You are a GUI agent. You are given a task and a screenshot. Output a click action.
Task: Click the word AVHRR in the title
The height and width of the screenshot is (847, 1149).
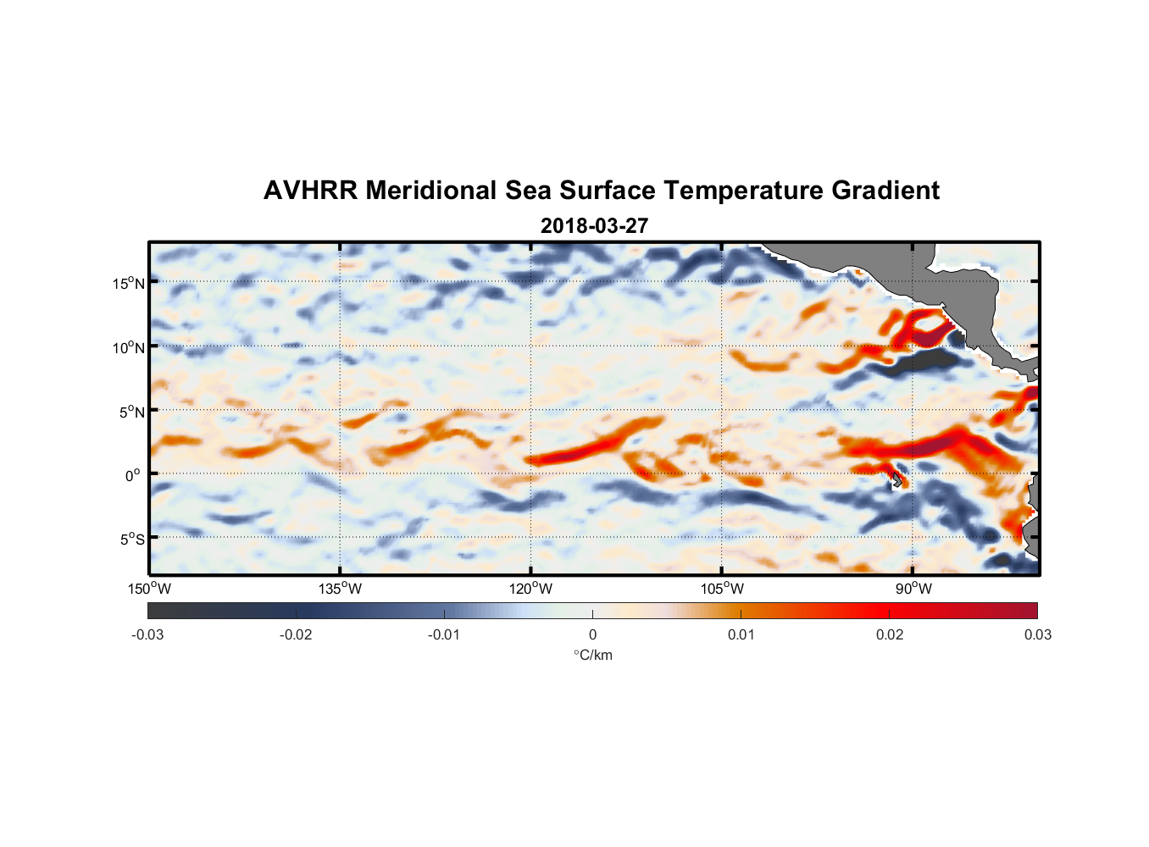pyautogui.click(x=310, y=191)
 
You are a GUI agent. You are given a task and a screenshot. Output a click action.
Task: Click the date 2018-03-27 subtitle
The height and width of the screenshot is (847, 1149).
pyautogui.click(x=594, y=226)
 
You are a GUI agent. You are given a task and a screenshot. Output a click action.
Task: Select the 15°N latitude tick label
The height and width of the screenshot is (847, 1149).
pyautogui.click(x=129, y=283)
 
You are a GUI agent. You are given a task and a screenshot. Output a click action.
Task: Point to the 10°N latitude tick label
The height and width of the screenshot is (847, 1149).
pyautogui.click(x=129, y=347)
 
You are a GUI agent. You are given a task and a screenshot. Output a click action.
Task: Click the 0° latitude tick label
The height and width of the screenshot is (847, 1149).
pyautogui.click(x=133, y=475)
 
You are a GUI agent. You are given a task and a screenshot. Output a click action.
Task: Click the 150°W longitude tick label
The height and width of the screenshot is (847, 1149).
pyautogui.click(x=149, y=589)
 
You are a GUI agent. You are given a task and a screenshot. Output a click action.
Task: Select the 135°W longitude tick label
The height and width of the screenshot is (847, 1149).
pyautogui.click(x=340, y=589)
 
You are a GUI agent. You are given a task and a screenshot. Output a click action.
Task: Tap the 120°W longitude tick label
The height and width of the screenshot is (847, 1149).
pyautogui.click(x=530, y=589)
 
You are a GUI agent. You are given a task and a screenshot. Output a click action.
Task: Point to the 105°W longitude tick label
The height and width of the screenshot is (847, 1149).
pyautogui.click(x=722, y=589)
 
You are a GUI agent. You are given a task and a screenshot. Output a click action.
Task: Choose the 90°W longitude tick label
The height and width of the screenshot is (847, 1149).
pyautogui.click(x=913, y=589)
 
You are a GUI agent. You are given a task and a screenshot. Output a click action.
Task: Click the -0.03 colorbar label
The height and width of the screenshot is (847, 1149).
pyautogui.click(x=147, y=634)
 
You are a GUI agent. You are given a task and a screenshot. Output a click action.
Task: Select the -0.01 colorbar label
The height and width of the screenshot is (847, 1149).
pyautogui.click(x=444, y=634)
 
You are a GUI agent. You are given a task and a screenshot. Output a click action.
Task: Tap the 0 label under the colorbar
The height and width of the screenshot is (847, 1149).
pyautogui.click(x=592, y=634)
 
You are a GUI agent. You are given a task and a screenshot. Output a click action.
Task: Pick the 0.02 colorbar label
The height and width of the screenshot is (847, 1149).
pyautogui.click(x=890, y=634)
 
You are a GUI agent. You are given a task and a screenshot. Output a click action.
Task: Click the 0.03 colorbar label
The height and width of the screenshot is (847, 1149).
pyautogui.click(x=1037, y=634)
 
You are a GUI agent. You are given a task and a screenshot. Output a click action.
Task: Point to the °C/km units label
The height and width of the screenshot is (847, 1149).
pyautogui.click(x=593, y=655)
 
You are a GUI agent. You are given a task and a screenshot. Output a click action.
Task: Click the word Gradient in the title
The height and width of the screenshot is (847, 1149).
pyautogui.click(x=885, y=191)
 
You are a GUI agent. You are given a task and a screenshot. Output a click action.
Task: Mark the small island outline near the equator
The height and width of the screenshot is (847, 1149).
pyautogui.click(x=896, y=480)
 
